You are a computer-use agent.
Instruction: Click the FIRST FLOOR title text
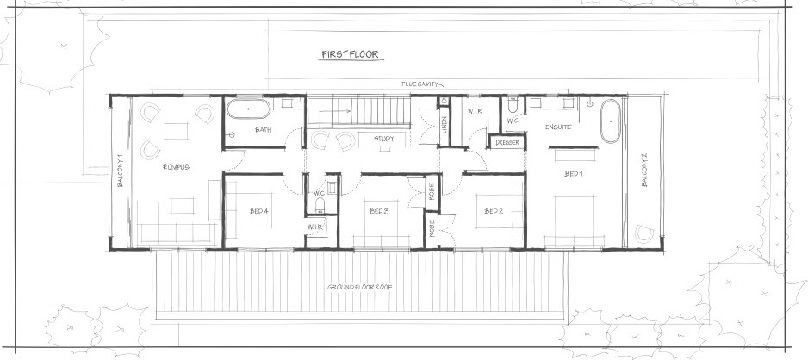[x=351, y=54]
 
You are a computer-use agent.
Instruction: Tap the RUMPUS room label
[x=177, y=167]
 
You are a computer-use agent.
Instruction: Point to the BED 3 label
[x=379, y=211]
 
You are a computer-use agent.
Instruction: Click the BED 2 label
[x=494, y=211]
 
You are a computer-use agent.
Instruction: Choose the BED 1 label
[x=574, y=174]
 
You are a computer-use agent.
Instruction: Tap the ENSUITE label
[x=558, y=127]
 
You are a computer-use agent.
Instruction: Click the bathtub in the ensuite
[x=611, y=121]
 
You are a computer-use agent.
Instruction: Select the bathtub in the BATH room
[x=248, y=109]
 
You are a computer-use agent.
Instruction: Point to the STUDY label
[x=384, y=139]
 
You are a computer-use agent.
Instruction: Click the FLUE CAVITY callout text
[x=420, y=84]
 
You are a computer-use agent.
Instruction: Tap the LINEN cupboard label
[x=444, y=125]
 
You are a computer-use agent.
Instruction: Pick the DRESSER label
[x=507, y=142]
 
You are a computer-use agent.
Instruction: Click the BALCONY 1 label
[x=120, y=170]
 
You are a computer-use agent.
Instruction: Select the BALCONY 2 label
[x=644, y=170]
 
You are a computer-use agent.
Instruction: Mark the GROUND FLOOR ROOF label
[x=360, y=287]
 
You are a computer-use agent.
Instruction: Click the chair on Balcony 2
[x=644, y=233]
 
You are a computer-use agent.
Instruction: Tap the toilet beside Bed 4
[x=320, y=206]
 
